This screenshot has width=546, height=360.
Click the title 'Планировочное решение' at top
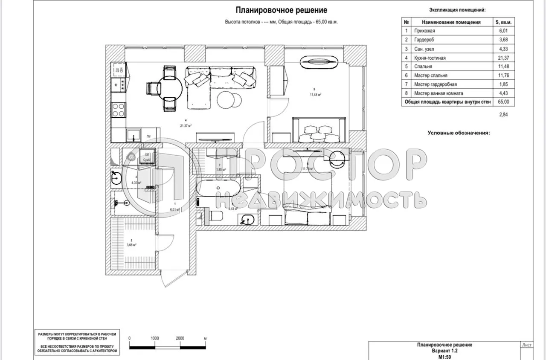tap(281, 10)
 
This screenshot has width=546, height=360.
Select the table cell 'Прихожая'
tap(424, 31)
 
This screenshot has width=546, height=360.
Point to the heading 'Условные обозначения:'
tap(459, 133)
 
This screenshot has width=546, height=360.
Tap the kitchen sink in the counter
tap(133, 135)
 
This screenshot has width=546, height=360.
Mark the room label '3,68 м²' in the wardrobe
tap(131, 245)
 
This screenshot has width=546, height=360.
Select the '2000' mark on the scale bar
tap(180, 338)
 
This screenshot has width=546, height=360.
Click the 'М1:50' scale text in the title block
tap(444, 356)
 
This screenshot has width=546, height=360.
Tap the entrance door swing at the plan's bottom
tap(170, 277)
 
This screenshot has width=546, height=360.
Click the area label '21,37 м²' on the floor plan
tap(185, 125)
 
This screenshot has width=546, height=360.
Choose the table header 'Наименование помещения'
tap(451, 22)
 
